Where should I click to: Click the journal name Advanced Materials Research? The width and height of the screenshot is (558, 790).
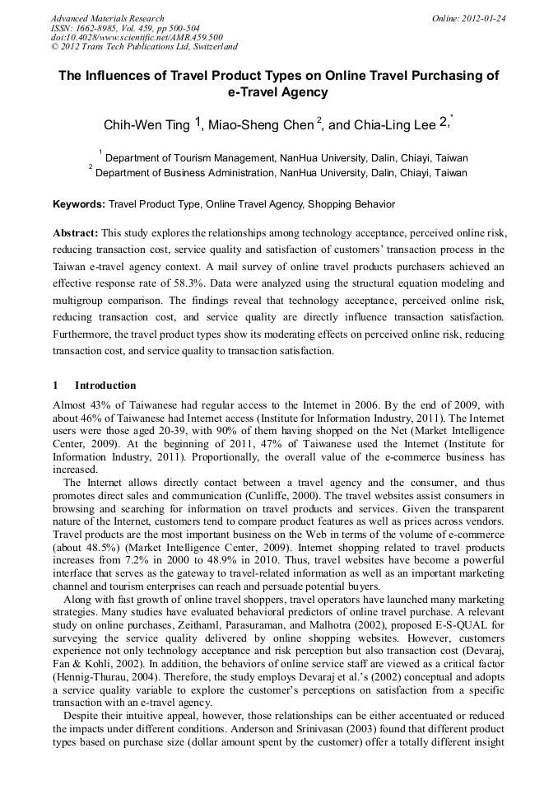(107, 18)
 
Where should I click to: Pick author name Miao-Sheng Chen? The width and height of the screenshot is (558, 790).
(262, 126)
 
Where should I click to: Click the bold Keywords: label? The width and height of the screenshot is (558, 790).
(79, 204)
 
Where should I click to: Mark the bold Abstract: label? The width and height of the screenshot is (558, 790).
(76, 233)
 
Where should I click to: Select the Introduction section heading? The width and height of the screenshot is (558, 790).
(105, 386)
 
